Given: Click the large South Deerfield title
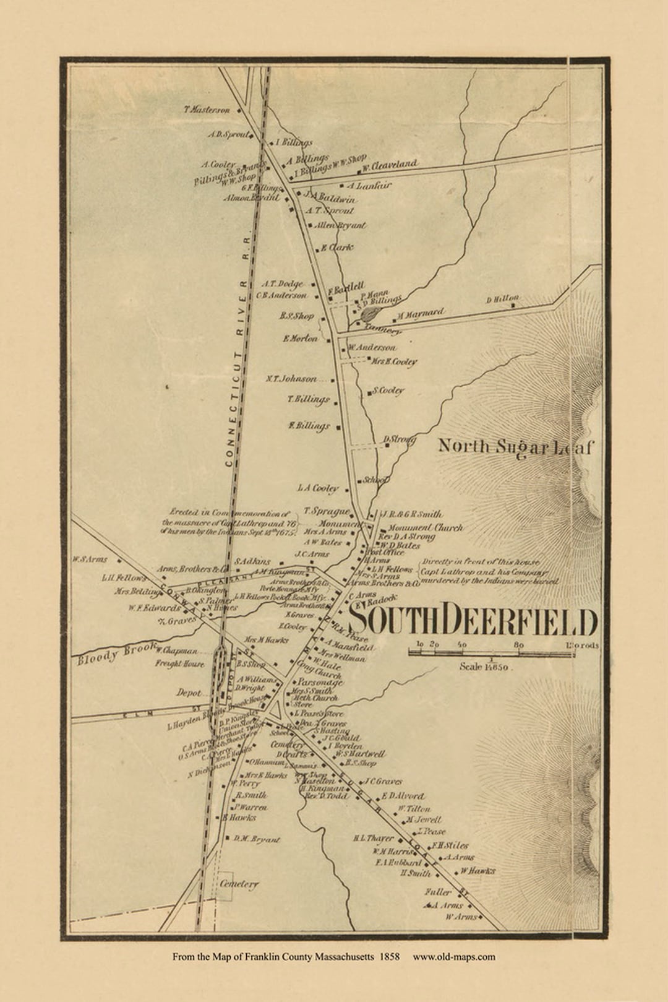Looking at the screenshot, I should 473,621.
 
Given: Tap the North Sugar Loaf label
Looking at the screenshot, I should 515,446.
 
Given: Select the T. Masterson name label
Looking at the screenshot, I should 207,110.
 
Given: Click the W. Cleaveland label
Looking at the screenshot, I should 390,165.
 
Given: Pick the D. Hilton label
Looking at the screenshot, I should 502,299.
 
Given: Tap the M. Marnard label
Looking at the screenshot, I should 421,314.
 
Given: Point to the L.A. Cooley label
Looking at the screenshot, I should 318,488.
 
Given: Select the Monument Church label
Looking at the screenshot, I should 425,528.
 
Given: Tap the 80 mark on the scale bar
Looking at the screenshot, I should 519,645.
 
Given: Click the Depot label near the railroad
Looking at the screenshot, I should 189,693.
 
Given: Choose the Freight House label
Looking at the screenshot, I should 179,663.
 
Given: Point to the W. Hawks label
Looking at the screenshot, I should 477,871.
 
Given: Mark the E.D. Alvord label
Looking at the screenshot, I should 403,796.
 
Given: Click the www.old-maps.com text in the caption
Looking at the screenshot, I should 454,957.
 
